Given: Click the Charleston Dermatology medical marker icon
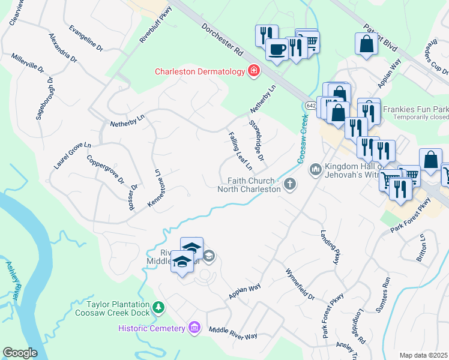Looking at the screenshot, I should click(x=254, y=71).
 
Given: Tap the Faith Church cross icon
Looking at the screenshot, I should click(x=290, y=184).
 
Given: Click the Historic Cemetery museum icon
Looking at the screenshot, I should click(x=194, y=328).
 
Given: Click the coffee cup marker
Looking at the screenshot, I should click(x=277, y=50).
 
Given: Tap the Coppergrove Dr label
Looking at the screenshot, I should click(x=105, y=170).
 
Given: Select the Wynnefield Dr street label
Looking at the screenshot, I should click(x=300, y=284).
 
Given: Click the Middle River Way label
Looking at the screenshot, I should click(x=233, y=334).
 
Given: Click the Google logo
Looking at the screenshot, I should click(x=20, y=353).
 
